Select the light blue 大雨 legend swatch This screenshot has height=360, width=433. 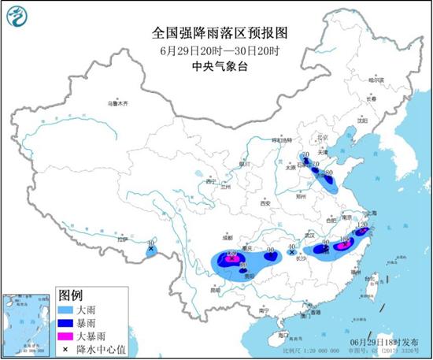[66, 309]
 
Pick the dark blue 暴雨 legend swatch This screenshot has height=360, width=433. [66, 321]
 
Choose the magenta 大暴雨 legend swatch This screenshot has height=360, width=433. [66, 334]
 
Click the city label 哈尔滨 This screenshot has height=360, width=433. [376, 80]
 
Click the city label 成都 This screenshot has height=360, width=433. [227, 236]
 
